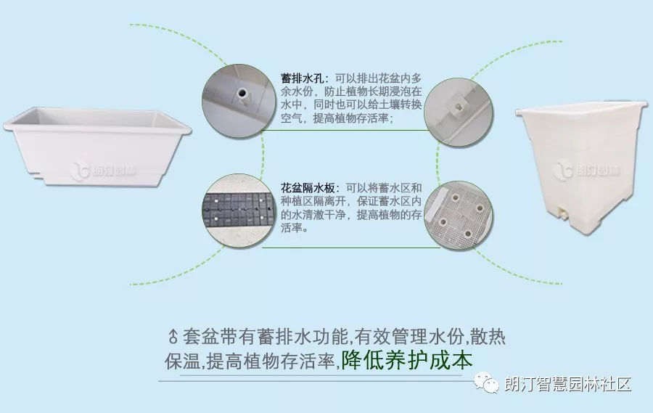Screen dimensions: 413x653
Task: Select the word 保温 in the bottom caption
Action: pos(181,360)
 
